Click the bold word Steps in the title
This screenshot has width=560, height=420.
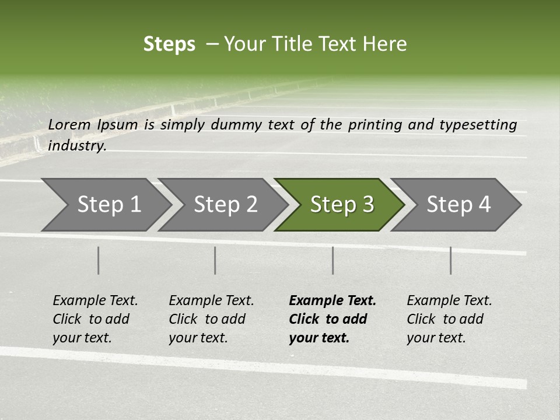[x=169, y=44]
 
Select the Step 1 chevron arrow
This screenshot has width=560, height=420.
[x=108, y=204]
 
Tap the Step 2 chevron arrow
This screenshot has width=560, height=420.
[x=225, y=204]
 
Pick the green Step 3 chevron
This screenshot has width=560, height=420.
[x=342, y=204]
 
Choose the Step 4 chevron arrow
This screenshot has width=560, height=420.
[x=459, y=204]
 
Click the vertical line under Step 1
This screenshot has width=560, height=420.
[x=99, y=260]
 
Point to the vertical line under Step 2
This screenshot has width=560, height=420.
[x=215, y=260]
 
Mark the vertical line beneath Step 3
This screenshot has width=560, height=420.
[x=332, y=260]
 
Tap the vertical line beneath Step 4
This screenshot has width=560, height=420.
[x=450, y=260]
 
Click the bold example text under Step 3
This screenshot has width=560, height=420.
[x=332, y=319]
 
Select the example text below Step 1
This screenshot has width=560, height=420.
[x=95, y=319]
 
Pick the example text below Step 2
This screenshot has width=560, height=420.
[x=211, y=319]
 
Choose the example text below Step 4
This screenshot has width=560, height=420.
[x=449, y=319]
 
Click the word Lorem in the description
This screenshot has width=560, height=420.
[x=69, y=124]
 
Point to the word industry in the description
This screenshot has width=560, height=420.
[x=77, y=145]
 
